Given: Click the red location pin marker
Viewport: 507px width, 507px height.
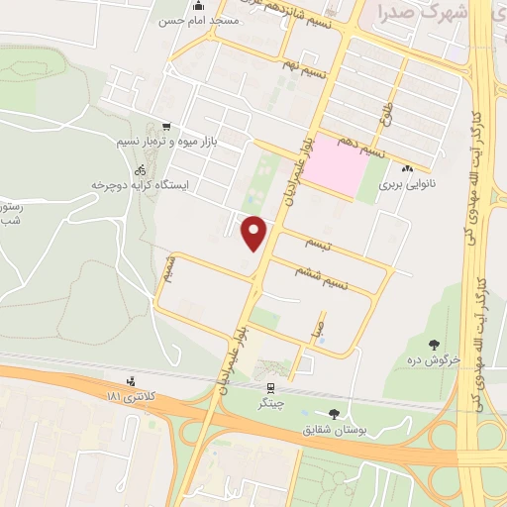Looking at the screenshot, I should point(254,233).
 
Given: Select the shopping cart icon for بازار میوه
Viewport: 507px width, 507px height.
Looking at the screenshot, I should point(164,127).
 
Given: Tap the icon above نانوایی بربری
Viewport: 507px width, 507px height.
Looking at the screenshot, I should point(408,167).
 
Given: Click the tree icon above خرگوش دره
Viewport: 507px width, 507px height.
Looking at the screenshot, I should point(433,345).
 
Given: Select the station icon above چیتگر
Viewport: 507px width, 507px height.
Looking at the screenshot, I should point(270,387).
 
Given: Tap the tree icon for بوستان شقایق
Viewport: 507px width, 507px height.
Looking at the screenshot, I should point(331,414).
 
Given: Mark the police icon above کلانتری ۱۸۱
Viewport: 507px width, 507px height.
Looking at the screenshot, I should point(131,382).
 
